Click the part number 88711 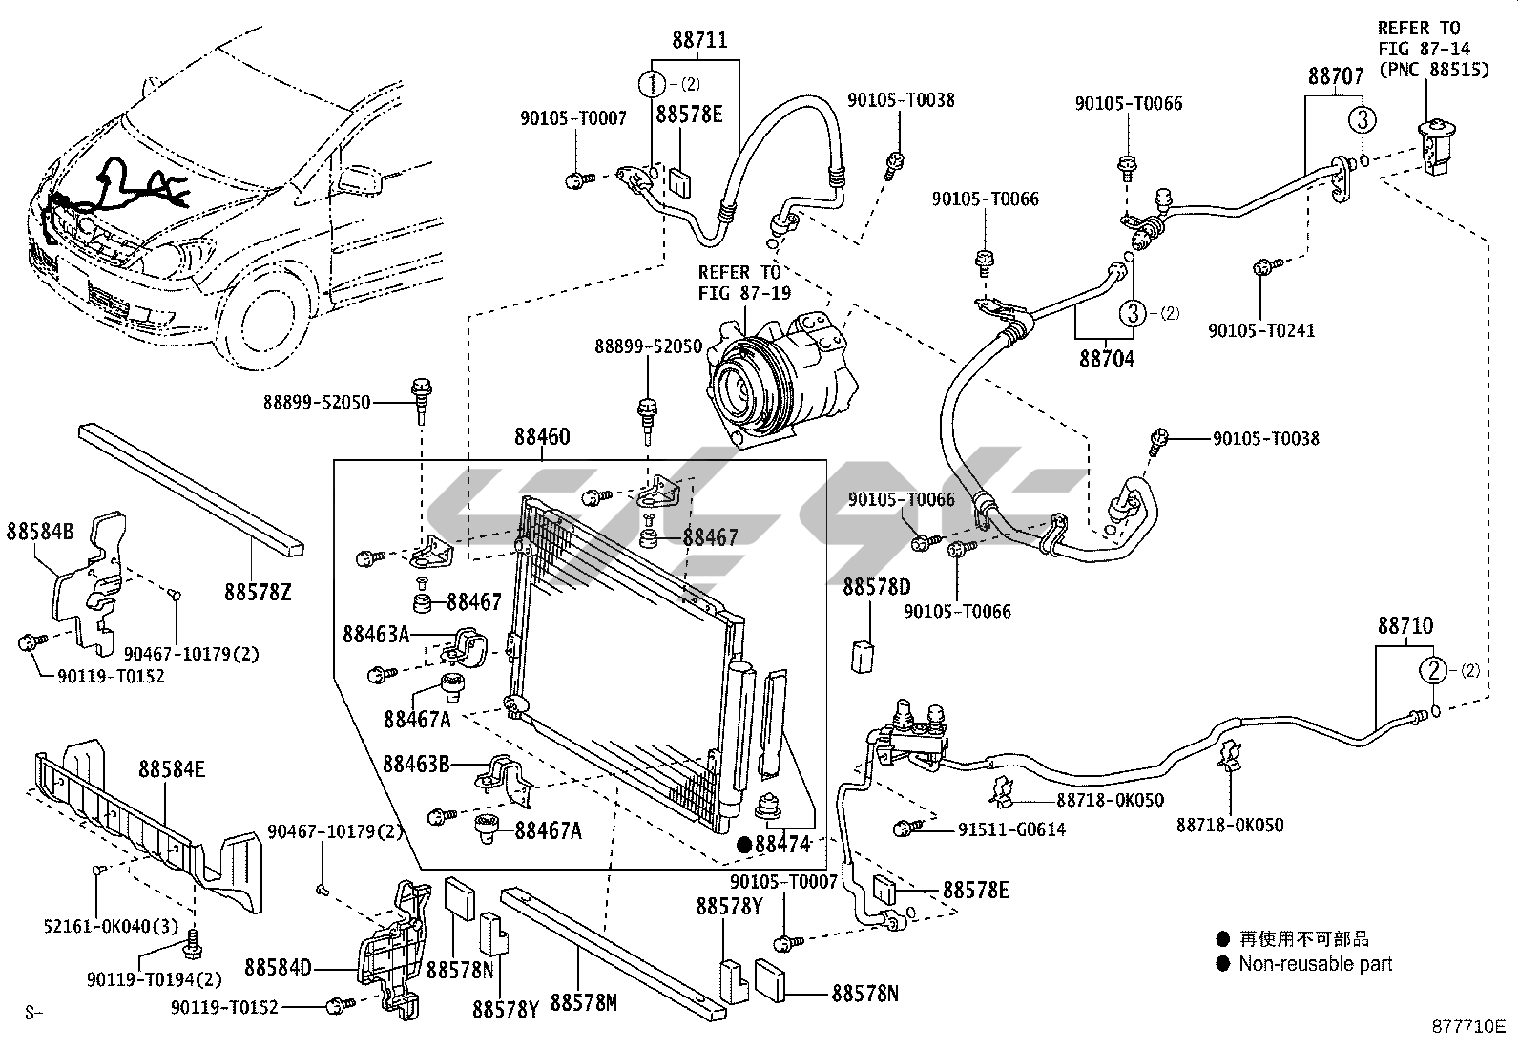click(x=699, y=40)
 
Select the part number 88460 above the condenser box click(x=542, y=436)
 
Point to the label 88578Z click(x=258, y=593)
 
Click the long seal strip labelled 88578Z click(x=191, y=490)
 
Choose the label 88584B click(x=40, y=531)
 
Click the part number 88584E click(x=172, y=769)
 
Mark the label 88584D click(x=278, y=968)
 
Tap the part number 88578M click(x=583, y=1002)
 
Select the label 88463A click(x=376, y=635)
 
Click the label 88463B click(x=416, y=764)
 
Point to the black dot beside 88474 click(x=744, y=844)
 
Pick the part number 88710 click(x=1405, y=625)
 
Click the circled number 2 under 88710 click(x=1433, y=670)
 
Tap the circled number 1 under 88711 click(x=653, y=84)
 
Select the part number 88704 click(x=1107, y=359)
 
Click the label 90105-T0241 click(x=1261, y=330)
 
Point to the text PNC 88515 click(x=1434, y=70)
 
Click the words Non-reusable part click(x=1316, y=963)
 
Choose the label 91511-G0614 click(x=1011, y=829)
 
